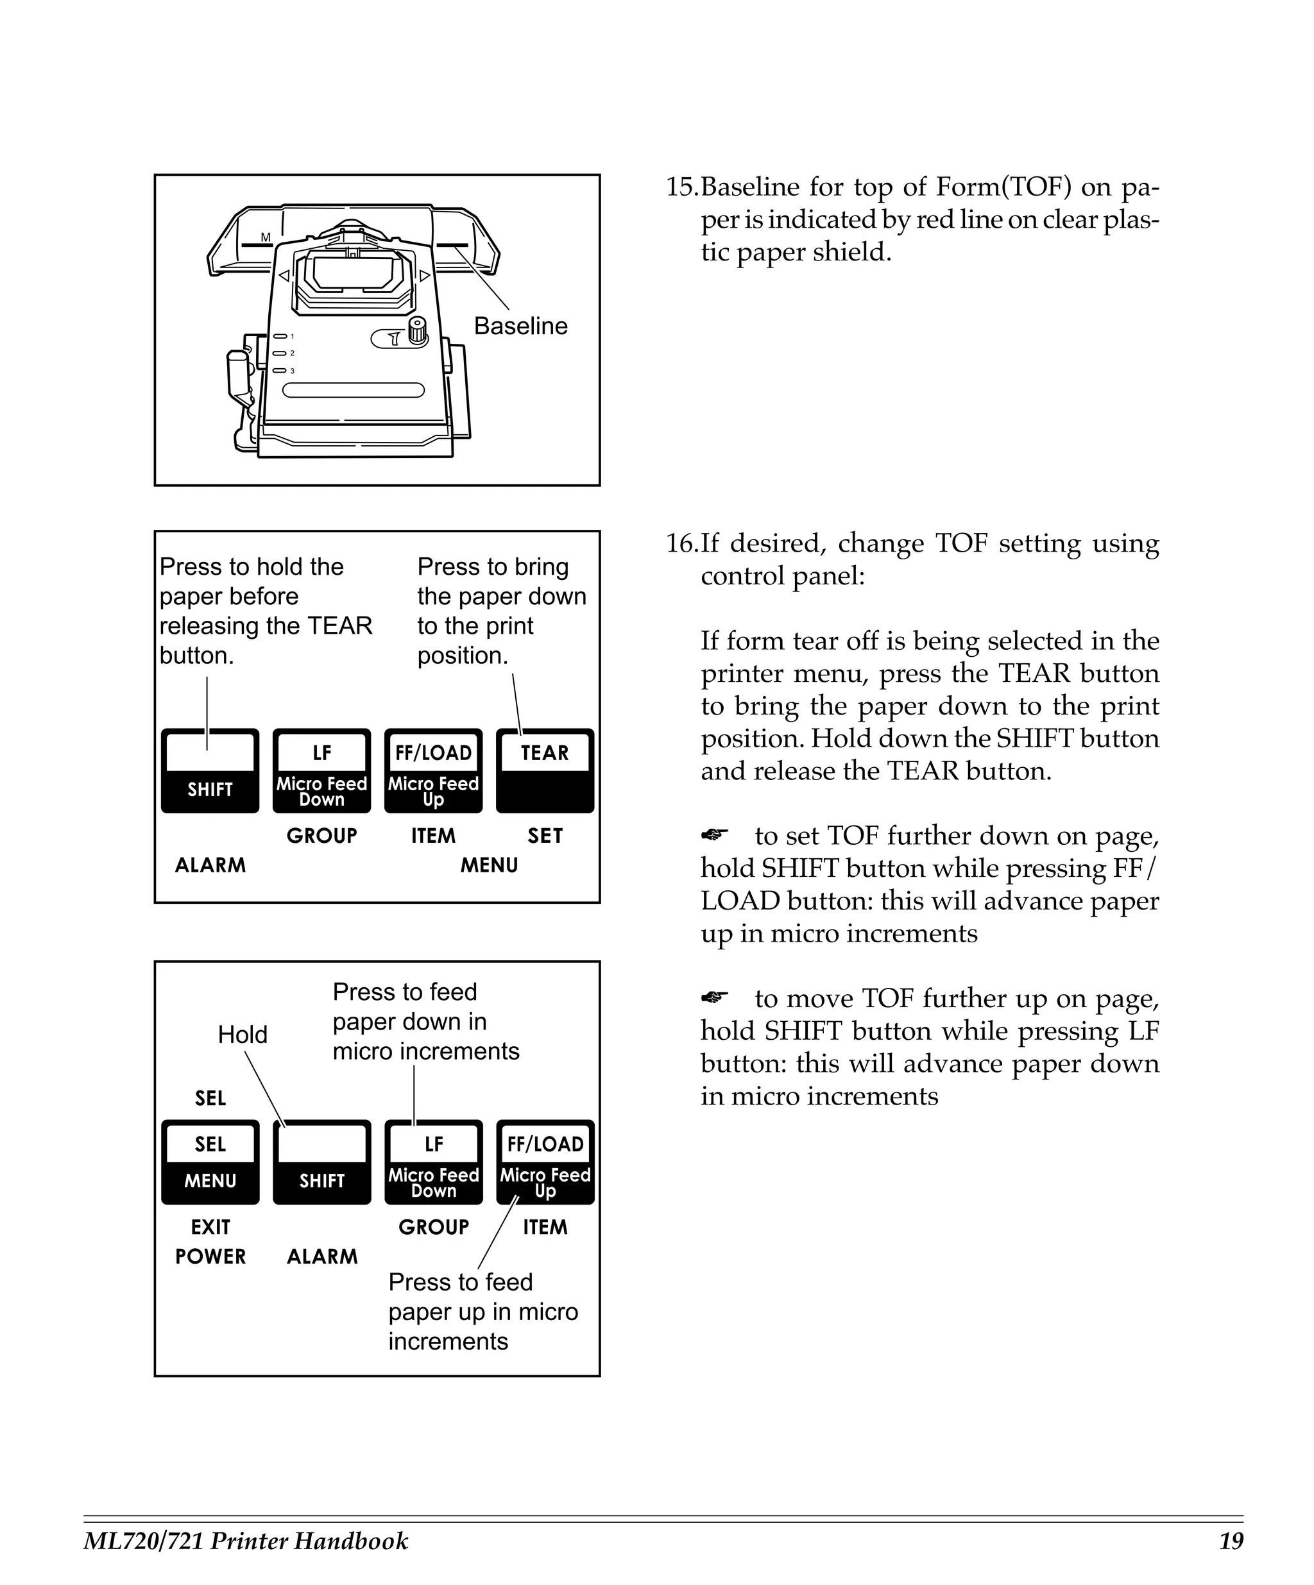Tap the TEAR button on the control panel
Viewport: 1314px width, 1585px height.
click(x=544, y=770)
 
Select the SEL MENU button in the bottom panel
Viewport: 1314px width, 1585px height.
click(x=210, y=1162)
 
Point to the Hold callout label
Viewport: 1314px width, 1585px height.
click(x=243, y=1034)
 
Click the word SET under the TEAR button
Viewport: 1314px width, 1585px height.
click(x=545, y=836)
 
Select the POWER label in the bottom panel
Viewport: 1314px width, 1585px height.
click(x=210, y=1257)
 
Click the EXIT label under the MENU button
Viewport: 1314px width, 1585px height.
click(x=210, y=1227)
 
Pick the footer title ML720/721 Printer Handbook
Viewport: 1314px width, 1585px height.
click(x=246, y=1541)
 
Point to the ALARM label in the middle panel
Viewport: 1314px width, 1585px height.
click(x=210, y=865)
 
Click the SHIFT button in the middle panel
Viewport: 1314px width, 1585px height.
click(x=210, y=770)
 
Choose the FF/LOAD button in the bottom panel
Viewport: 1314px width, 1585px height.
click(x=545, y=1162)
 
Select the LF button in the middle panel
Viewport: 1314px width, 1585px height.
click(x=321, y=770)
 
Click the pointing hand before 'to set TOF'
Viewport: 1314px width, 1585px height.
click(x=714, y=835)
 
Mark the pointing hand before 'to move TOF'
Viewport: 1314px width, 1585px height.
click(x=714, y=998)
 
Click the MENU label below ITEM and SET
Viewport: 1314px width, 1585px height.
click(x=489, y=865)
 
